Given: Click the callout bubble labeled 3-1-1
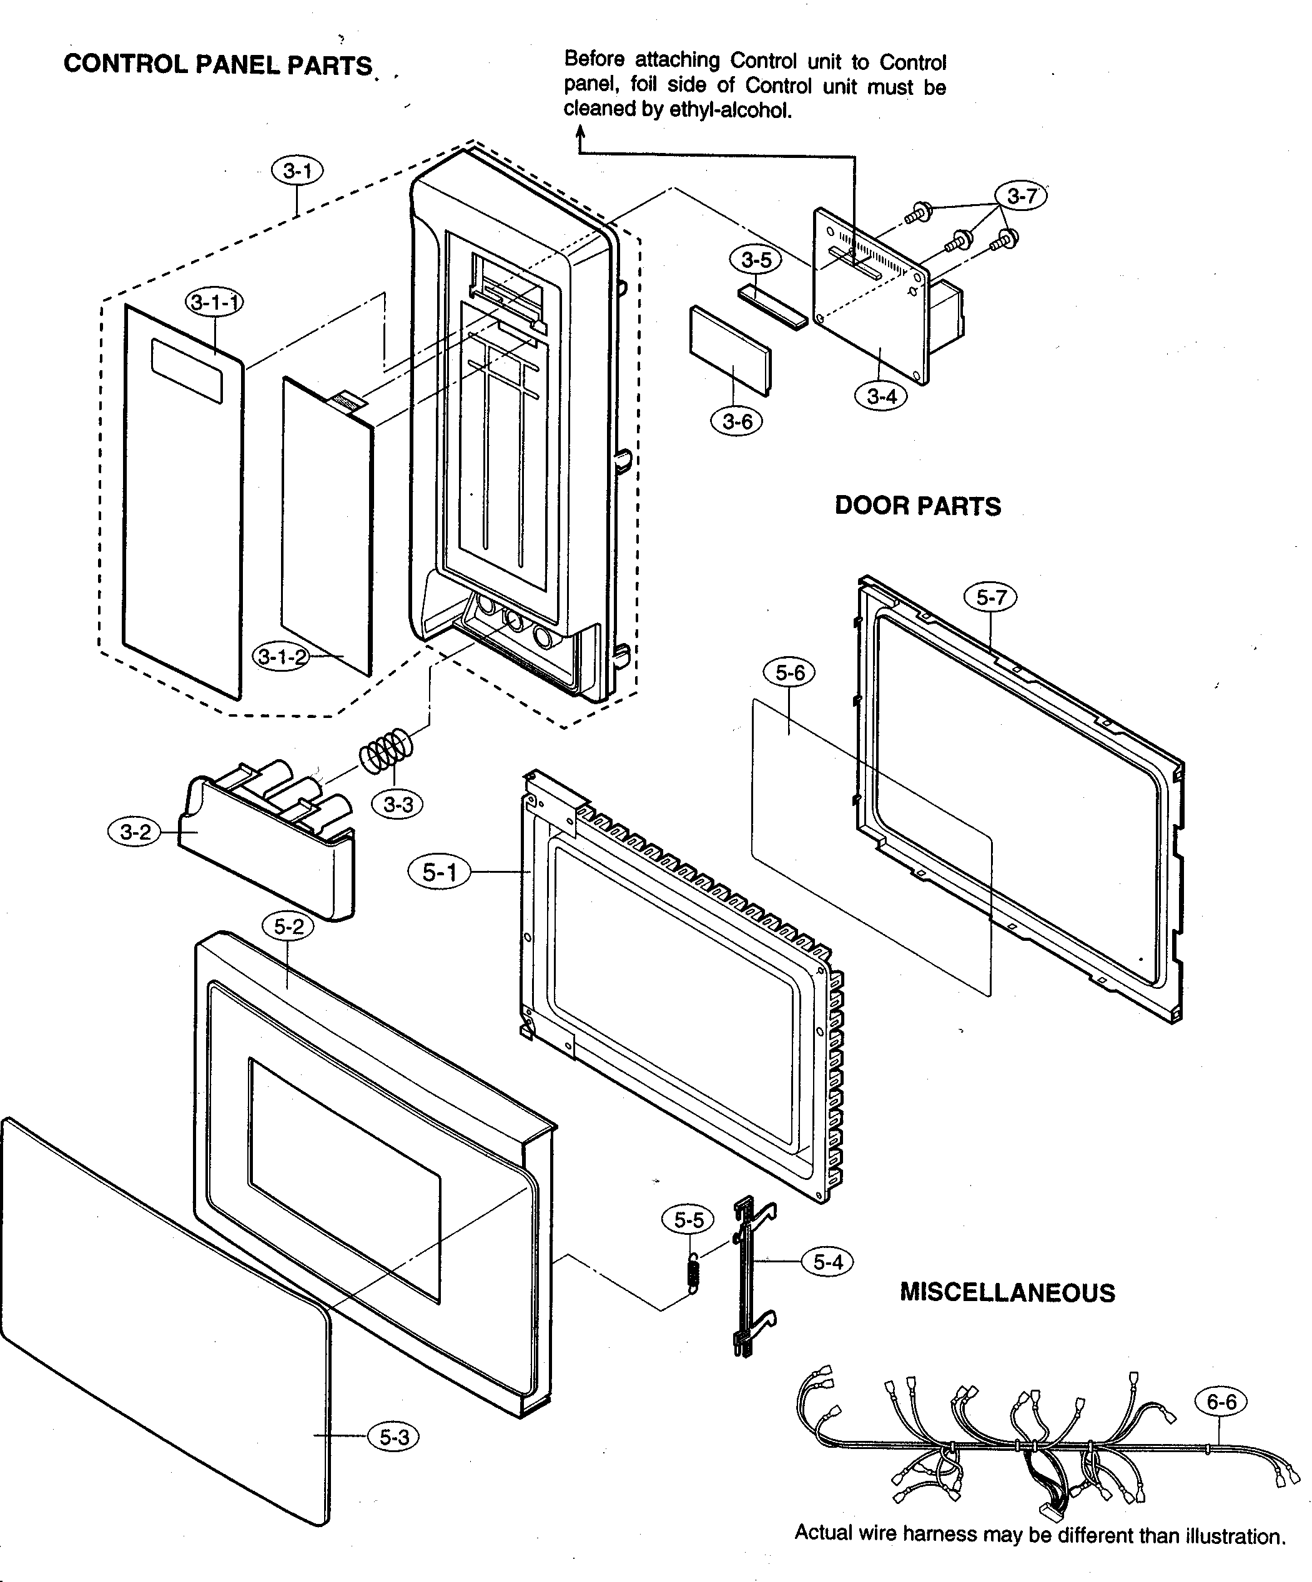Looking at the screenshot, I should coord(214,303).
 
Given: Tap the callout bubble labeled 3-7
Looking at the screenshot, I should coord(1021,197).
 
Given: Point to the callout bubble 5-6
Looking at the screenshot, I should coord(789,673).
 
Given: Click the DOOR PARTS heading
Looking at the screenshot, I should coord(917,506).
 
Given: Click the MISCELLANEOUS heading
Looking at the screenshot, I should coord(1007,1293).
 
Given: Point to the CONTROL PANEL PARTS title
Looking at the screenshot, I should coord(218,65).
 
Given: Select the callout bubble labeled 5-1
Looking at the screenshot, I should coord(440,872).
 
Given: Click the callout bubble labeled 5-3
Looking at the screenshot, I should coord(393,1437).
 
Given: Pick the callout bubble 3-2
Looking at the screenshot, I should coord(136,832).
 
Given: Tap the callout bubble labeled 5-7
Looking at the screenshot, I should coord(990,597).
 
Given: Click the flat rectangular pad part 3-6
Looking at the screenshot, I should coord(729,350).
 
